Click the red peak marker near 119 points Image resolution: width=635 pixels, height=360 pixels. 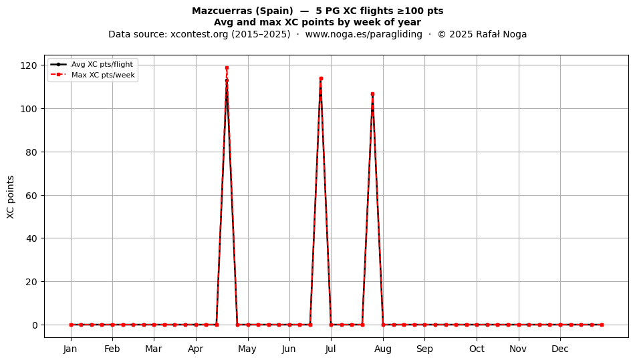227,68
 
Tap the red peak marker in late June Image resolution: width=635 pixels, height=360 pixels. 321,78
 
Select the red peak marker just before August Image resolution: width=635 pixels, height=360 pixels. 372,94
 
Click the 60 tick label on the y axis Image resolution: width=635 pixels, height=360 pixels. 31,196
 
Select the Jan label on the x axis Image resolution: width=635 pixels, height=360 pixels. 70,349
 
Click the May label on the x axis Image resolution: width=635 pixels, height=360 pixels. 247,349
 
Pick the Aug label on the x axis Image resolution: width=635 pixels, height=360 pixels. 383,349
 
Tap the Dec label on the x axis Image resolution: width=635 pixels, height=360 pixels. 560,349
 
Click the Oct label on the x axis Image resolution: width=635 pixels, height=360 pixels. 477,349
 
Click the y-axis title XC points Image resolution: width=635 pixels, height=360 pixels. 11,198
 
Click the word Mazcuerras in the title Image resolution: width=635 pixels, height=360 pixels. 220,11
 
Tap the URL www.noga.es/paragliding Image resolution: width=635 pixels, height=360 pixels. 364,34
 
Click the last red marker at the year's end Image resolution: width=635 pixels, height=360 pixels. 602,325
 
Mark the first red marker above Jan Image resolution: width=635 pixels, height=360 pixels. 71,325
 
